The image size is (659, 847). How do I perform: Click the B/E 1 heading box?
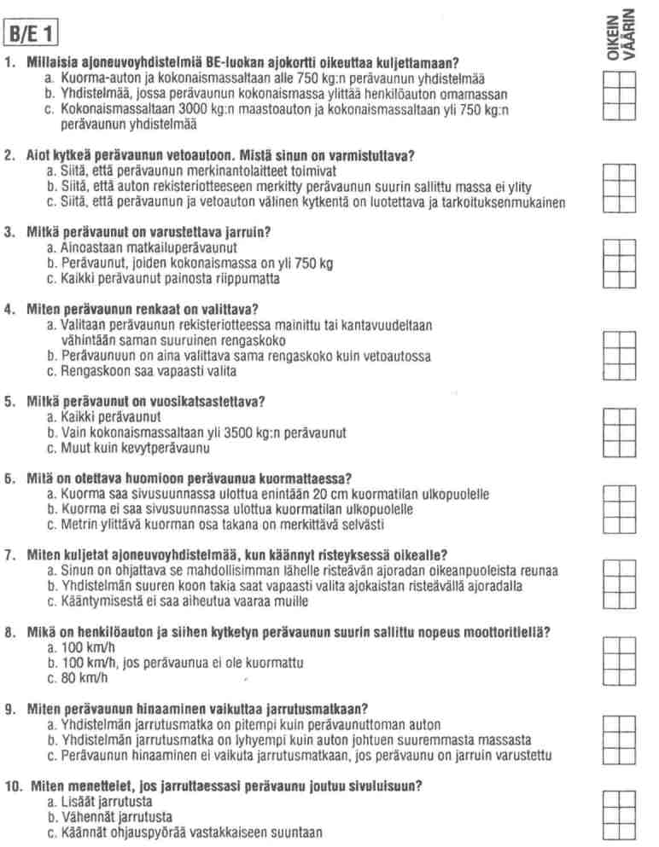(x=32, y=36)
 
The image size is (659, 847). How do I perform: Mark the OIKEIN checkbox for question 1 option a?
(x=611, y=80)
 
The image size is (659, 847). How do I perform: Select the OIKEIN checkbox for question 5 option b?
(x=611, y=432)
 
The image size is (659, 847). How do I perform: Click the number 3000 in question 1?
(x=160, y=110)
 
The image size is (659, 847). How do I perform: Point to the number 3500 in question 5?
(x=219, y=433)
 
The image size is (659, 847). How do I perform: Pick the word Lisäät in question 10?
(x=77, y=802)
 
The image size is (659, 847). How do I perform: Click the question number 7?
(x=9, y=555)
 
